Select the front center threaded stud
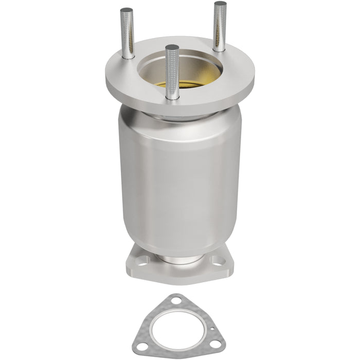173,72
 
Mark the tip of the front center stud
172,47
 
